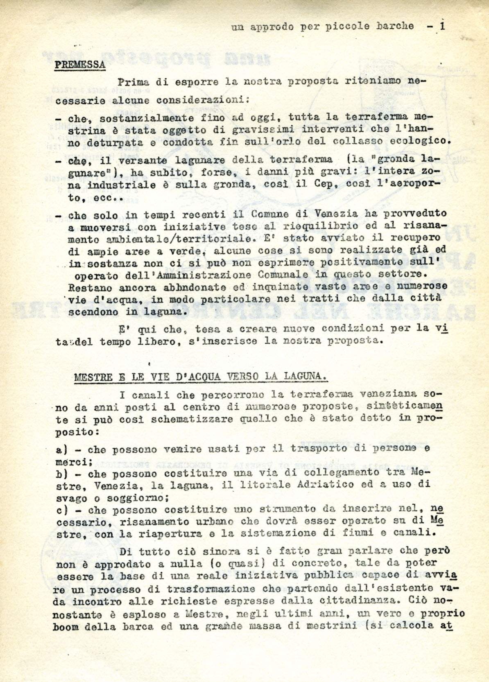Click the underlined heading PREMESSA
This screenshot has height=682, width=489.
[80, 65]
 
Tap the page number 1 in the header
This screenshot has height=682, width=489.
[442, 26]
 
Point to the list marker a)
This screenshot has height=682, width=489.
[61, 449]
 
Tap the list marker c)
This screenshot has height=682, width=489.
[61, 510]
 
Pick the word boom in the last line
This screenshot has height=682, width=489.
[65, 627]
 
